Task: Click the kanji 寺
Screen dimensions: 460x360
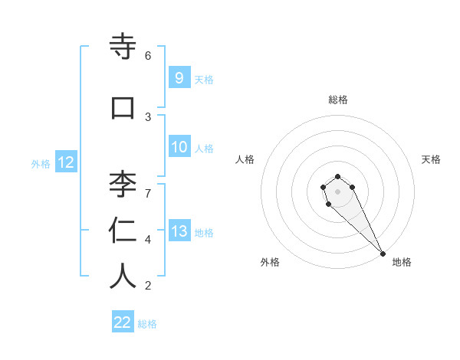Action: (123, 47)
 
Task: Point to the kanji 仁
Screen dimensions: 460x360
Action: (123, 230)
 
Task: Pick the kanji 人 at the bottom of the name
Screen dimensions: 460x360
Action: (123, 277)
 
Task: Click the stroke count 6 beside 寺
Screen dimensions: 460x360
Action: (148, 56)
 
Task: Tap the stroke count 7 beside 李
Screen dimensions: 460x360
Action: (148, 192)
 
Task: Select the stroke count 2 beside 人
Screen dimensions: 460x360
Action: (148, 286)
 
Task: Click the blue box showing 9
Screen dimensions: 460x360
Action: (179, 77)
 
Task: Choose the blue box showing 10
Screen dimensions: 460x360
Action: (179, 147)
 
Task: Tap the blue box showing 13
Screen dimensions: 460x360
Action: (179, 231)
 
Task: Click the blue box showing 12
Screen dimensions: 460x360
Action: (65, 162)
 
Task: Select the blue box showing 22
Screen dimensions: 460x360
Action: (123, 322)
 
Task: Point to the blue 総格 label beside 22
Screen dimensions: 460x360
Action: (147, 324)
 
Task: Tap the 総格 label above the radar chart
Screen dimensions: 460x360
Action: (338, 100)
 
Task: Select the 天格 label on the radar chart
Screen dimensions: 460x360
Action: (432, 159)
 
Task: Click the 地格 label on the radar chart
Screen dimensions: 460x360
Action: (402, 262)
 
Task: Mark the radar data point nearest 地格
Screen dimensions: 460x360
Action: (383, 254)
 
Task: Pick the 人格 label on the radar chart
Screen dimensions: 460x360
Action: (245, 159)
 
